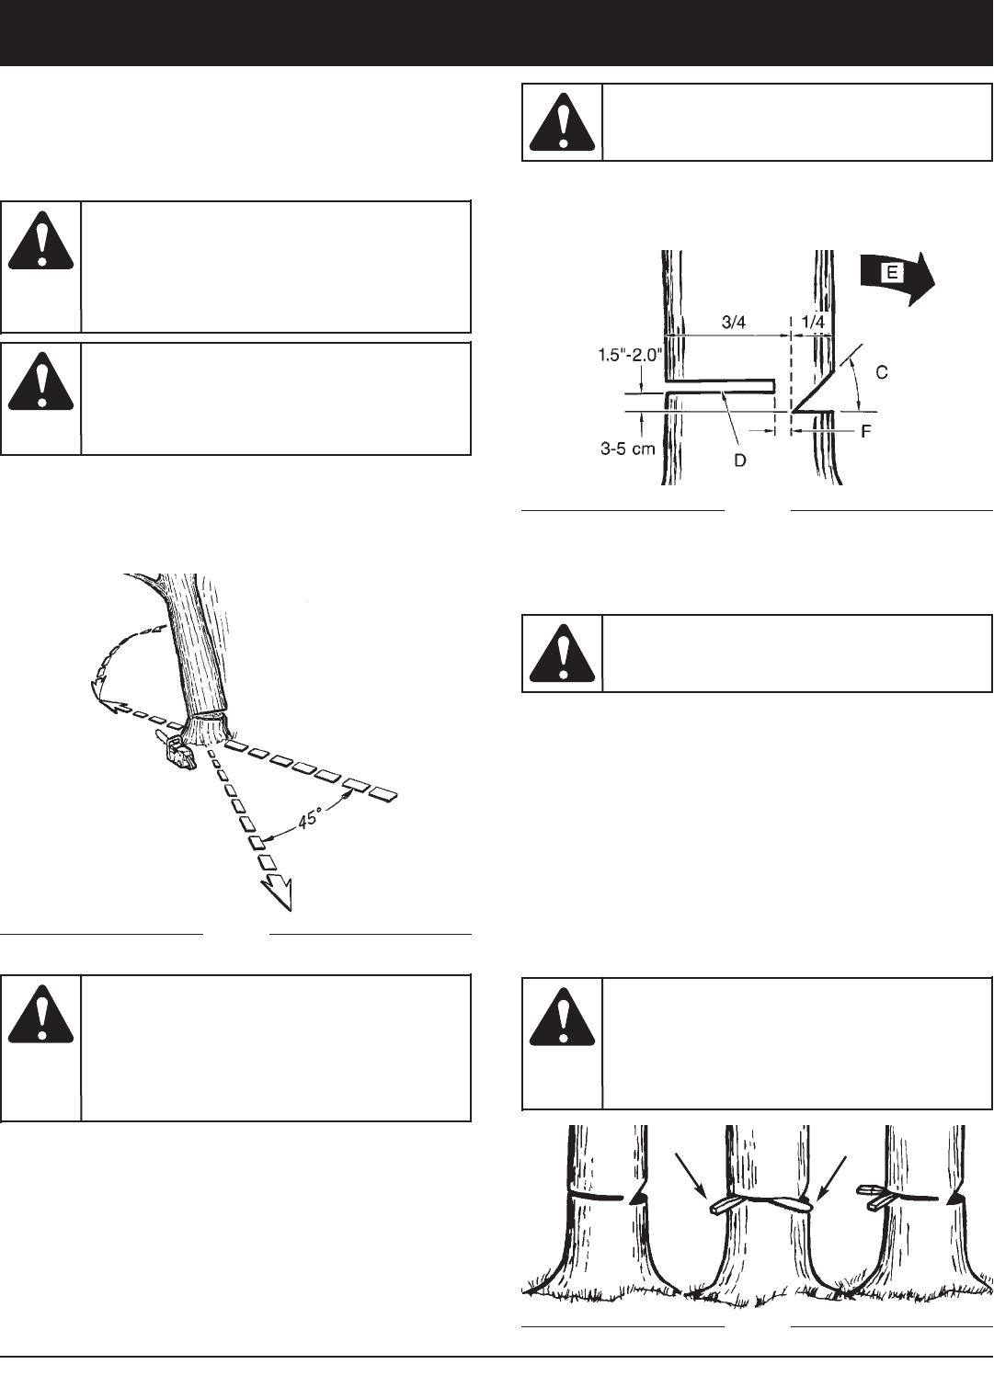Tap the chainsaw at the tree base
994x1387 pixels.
click(x=176, y=749)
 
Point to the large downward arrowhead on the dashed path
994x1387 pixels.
click(x=277, y=891)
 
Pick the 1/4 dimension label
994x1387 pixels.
click(x=812, y=323)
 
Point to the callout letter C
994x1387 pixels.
click(x=881, y=372)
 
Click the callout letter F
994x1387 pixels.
click(x=866, y=430)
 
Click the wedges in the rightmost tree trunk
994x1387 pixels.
click(x=876, y=1197)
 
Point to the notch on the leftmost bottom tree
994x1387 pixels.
click(x=639, y=1197)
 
